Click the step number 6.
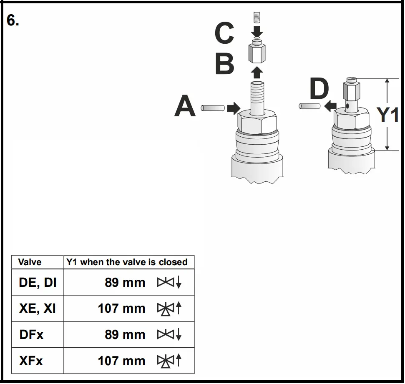[x=13, y=20]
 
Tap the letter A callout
[x=185, y=105]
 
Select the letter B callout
[x=224, y=64]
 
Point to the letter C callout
[x=224, y=33]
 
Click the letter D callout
[x=319, y=88]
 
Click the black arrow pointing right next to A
[x=234, y=108]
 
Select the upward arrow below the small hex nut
[x=257, y=72]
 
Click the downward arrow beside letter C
[x=257, y=32]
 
